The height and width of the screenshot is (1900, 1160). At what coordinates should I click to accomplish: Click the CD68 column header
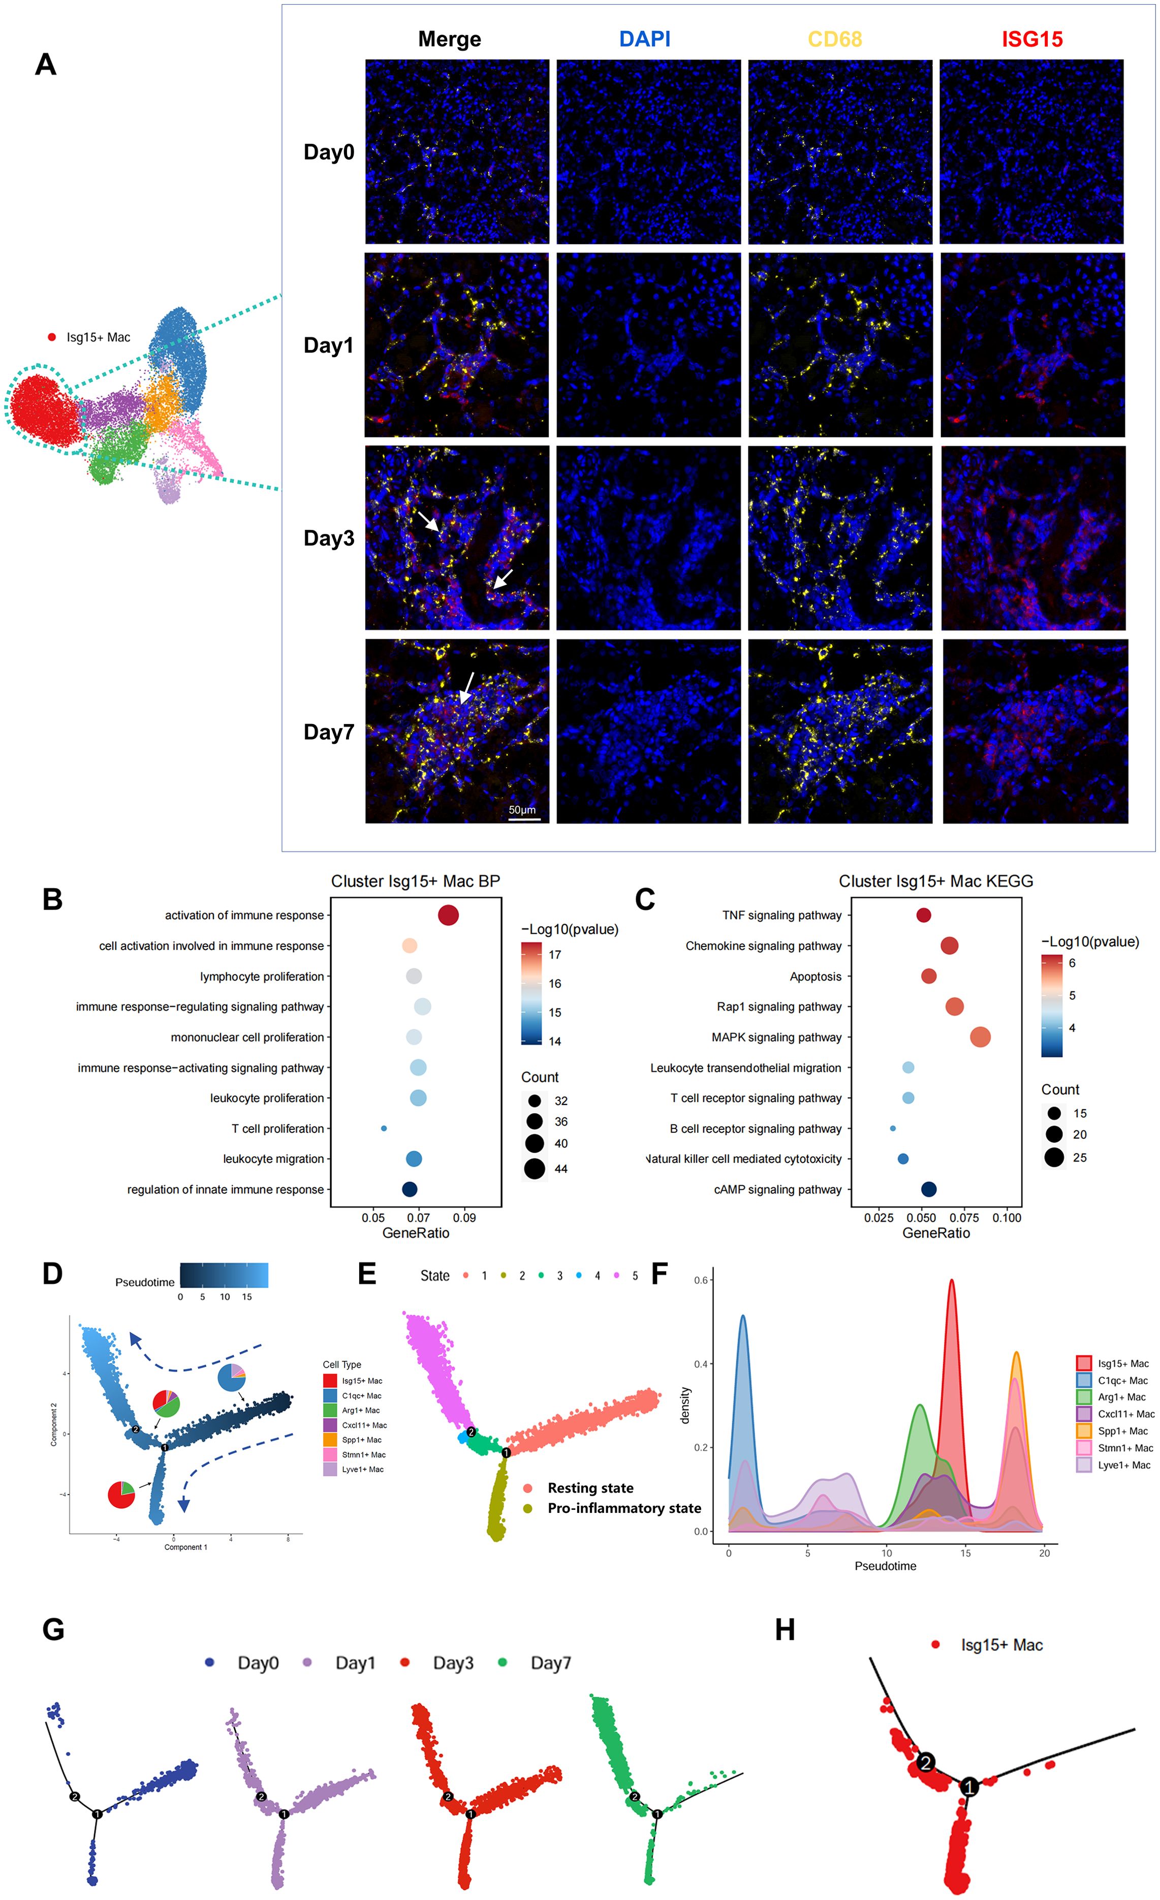(x=834, y=39)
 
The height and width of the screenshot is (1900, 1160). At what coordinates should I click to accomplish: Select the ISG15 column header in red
(x=1031, y=39)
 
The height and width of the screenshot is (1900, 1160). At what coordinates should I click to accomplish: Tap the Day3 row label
(x=329, y=538)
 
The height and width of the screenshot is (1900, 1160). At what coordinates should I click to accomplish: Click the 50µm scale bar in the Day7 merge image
(x=524, y=818)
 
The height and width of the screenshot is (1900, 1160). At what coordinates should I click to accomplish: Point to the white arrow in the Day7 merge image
(x=466, y=686)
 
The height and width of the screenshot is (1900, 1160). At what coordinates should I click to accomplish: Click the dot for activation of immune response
(x=448, y=915)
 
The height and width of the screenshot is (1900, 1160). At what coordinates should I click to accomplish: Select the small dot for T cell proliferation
(x=384, y=1128)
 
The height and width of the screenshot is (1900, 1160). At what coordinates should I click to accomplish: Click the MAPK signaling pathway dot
(x=980, y=1037)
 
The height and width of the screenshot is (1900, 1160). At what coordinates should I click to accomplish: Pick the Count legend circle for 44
(x=534, y=1169)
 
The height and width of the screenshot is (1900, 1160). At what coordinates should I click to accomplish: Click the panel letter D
(x=52, y=1273)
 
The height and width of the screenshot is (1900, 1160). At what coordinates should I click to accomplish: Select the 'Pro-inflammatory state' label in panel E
(x=624, y=1507)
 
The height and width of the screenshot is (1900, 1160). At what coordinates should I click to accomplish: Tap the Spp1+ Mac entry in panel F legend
(x=1122, y=1431)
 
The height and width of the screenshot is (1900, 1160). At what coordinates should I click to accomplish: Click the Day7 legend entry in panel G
(x=550, y=1662)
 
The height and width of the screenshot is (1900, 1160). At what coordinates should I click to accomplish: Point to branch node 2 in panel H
(x=926, y=1762)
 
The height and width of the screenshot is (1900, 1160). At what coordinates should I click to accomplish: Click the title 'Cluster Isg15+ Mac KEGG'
(x=935, y=880)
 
